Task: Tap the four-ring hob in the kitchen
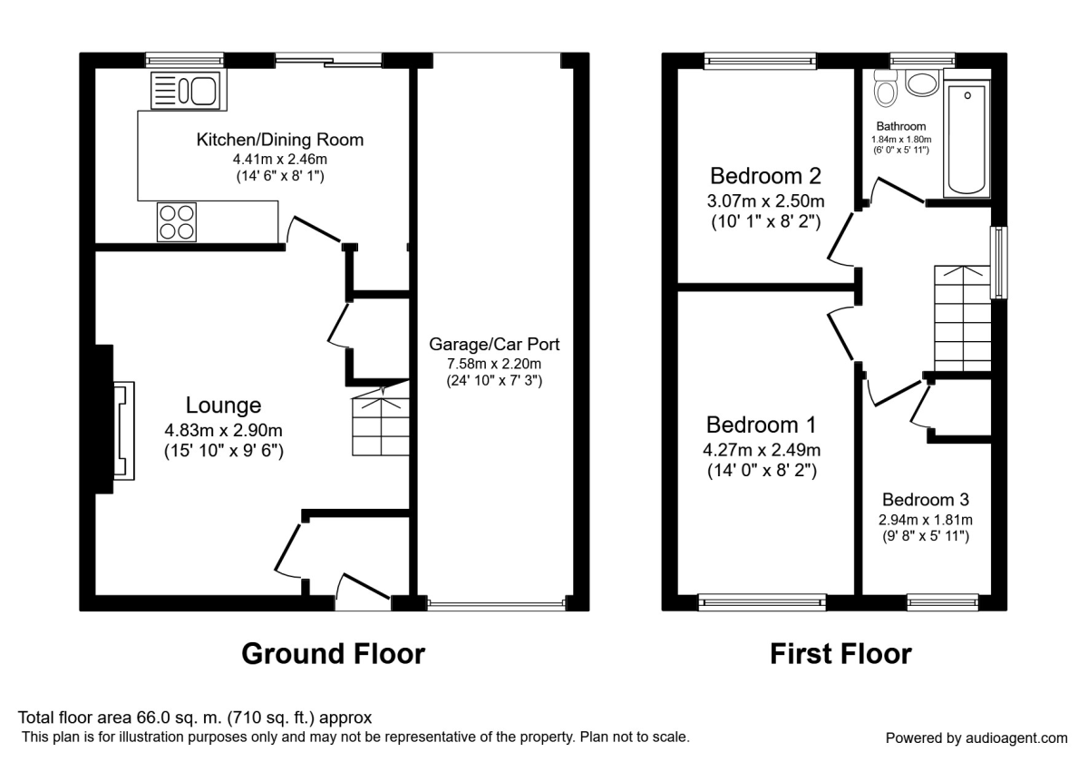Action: [x=177, y=221]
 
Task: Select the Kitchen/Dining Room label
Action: [x=280, y=140]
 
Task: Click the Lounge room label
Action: [x=224, y=405]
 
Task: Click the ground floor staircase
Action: [x=380, y=424]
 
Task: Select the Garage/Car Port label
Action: [x=494, y=345]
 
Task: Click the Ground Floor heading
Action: [x=333, y=653]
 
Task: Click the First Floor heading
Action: [x=840, y=653]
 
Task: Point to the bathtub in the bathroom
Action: [x=967, y=141]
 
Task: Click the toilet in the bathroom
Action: [x=885, y=89]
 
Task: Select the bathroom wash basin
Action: [x=923, y=84]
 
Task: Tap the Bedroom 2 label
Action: [x=756, y=175]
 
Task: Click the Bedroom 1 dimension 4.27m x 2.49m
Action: [x=763, y=450]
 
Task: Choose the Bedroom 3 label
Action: [x=926, y=499]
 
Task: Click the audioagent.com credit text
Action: [x=976, y=738]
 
